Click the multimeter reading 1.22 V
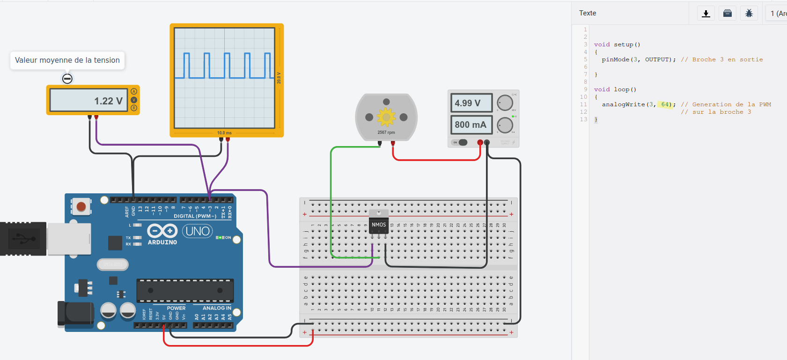[89, 101]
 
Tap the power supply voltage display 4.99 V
[471, 103]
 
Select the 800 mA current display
[471, 125]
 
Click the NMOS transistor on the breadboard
[379, 225]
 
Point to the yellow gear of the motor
[386, 117]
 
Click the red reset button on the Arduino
[81, 206]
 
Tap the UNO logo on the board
[198, 231]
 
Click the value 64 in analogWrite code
[665, 104]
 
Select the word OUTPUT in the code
[658, 59]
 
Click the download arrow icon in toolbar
[706, 14]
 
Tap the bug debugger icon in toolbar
[749, 14]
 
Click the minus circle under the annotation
[67, 79]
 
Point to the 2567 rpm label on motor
[386, 132]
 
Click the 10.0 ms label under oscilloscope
[224, 133]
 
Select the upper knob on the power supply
[505, 103]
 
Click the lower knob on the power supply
[505, 125]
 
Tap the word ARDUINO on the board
[162, 242]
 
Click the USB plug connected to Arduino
[23, 239]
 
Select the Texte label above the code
[588, 13]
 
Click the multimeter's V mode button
[134, 100]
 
